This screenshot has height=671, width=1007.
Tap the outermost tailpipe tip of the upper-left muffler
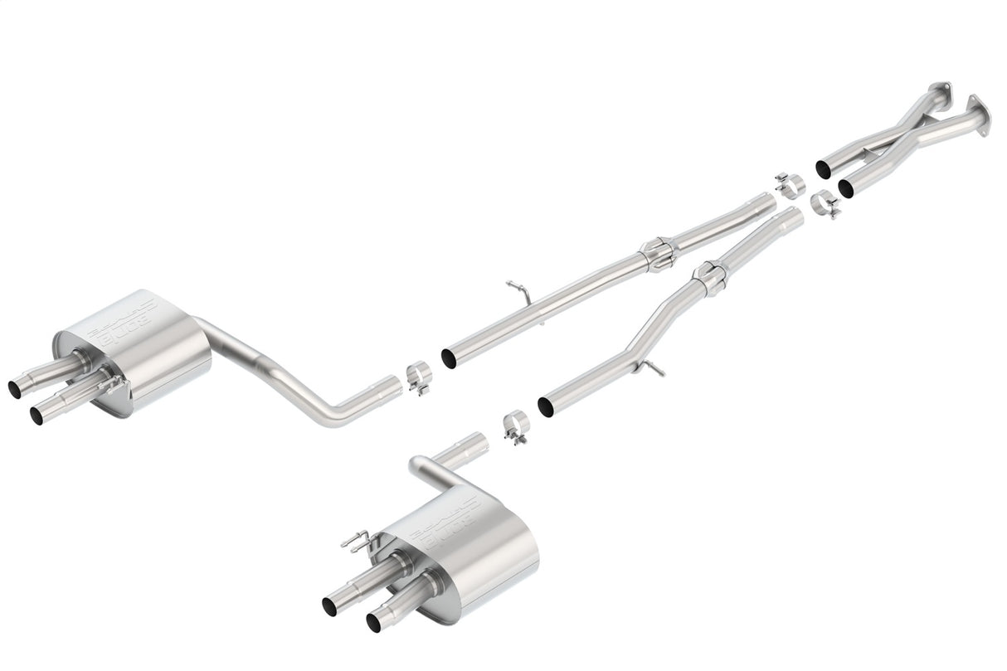[x=17, y=387]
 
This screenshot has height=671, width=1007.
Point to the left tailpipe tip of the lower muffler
[x=330, y=603]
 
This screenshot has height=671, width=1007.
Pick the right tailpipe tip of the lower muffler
[x=377, y=621]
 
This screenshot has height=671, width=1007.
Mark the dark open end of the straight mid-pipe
[x=448, y=358]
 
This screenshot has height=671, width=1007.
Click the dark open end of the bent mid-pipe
[x=546, y=406]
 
